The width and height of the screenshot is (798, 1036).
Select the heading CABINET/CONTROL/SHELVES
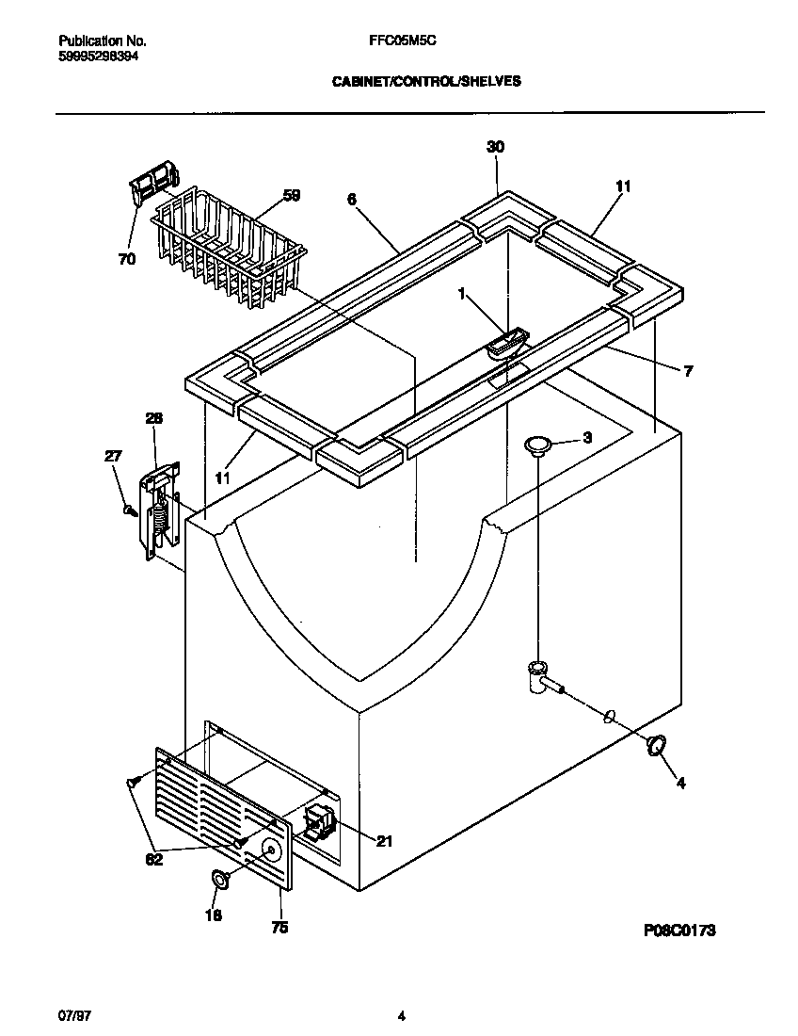click(426, 82)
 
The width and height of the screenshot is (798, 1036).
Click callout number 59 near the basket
click(292, 196)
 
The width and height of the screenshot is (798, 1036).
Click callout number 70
click(126, 259)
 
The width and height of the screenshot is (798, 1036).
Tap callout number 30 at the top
click(495, 147)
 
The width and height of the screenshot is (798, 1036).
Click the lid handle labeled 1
click(506, 343)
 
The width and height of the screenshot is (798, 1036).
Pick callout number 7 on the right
click(688, 371)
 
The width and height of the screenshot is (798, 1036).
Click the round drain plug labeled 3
click(538, 444)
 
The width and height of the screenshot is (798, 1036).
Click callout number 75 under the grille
click(279, 928)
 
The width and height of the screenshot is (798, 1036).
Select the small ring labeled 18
click(218, 880)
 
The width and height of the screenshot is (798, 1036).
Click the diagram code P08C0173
click(680, 930)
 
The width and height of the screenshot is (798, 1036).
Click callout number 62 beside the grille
click(153, 859)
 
